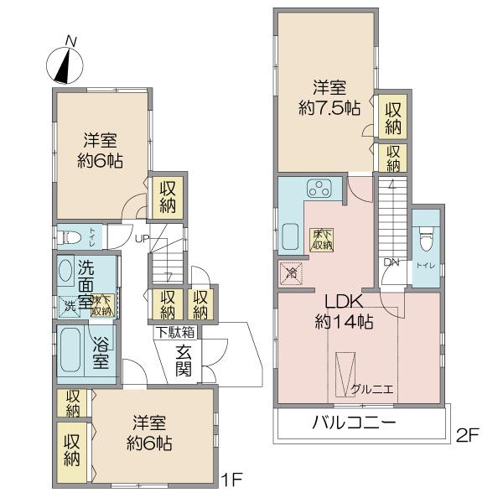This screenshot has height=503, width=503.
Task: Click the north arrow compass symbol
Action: [64, 60]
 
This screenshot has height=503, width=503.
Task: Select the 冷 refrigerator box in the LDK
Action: [289, 272]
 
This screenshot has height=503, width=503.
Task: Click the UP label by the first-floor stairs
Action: [142, 239]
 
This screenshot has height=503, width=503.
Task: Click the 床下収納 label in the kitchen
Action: [322, 240]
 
